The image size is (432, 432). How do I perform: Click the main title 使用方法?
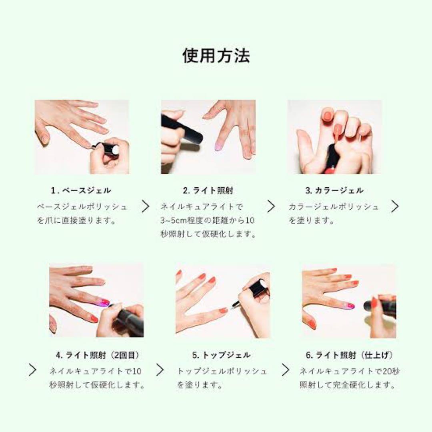[x=216, y=56]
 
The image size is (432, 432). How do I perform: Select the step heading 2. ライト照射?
[x=208, y=190]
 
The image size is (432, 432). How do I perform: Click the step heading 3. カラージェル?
[x=334, y=190]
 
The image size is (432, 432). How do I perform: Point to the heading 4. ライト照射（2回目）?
[x=98, y=355]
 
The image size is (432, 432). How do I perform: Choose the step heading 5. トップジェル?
[x=221, y=355]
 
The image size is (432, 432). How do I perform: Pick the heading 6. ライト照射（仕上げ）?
[x=349, y=355]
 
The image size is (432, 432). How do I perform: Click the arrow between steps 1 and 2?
[x=145, y=206]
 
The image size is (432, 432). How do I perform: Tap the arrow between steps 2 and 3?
[x=272, y=206]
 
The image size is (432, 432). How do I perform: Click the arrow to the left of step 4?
[x=32, y=370]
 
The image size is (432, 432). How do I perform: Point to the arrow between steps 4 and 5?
[x=160, y=370]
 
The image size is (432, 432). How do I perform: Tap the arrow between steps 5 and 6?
[x=286, y=370]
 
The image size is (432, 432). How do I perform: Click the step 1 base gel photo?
[x=82, y=137]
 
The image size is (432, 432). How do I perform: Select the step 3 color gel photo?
[x=334, y=137]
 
